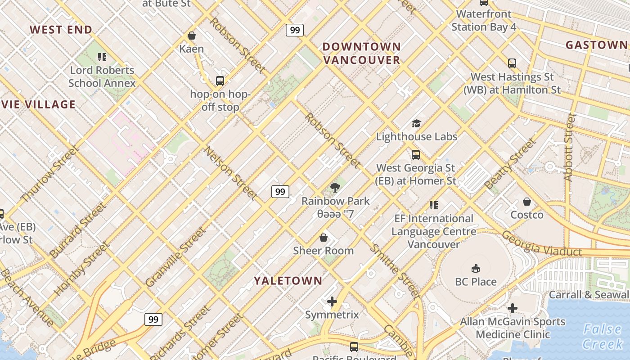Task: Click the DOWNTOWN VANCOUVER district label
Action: click(361, 53)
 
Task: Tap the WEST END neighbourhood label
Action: click(61, 30)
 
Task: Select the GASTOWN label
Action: click(596, 45)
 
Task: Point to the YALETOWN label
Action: click(288, 281)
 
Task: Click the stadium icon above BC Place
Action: click(475, 269)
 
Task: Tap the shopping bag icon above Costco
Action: click(526, 202)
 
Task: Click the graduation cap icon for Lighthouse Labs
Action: click(416, 123)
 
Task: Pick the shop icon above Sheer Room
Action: click(323, 237)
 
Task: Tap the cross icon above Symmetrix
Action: click(332, 301)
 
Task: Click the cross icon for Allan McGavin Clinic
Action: click(513, 308)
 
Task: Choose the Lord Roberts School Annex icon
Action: click(102, 57)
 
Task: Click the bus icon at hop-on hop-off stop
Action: click(220, 81)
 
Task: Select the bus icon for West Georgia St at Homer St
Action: click(416, 155)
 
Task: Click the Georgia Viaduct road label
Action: click(542, 243)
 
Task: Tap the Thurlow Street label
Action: click(50, 173)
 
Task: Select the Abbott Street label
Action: click(570, 147)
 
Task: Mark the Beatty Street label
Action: click(510, 163)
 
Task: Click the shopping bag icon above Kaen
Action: click(192, 36)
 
